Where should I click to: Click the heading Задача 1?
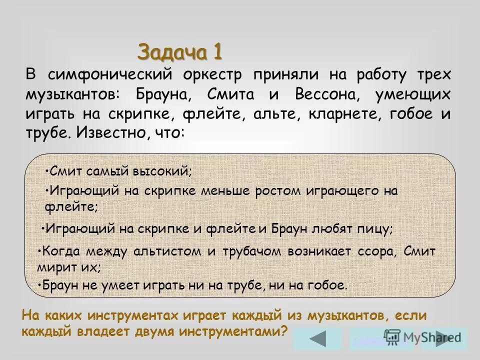(x=179, y=51)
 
